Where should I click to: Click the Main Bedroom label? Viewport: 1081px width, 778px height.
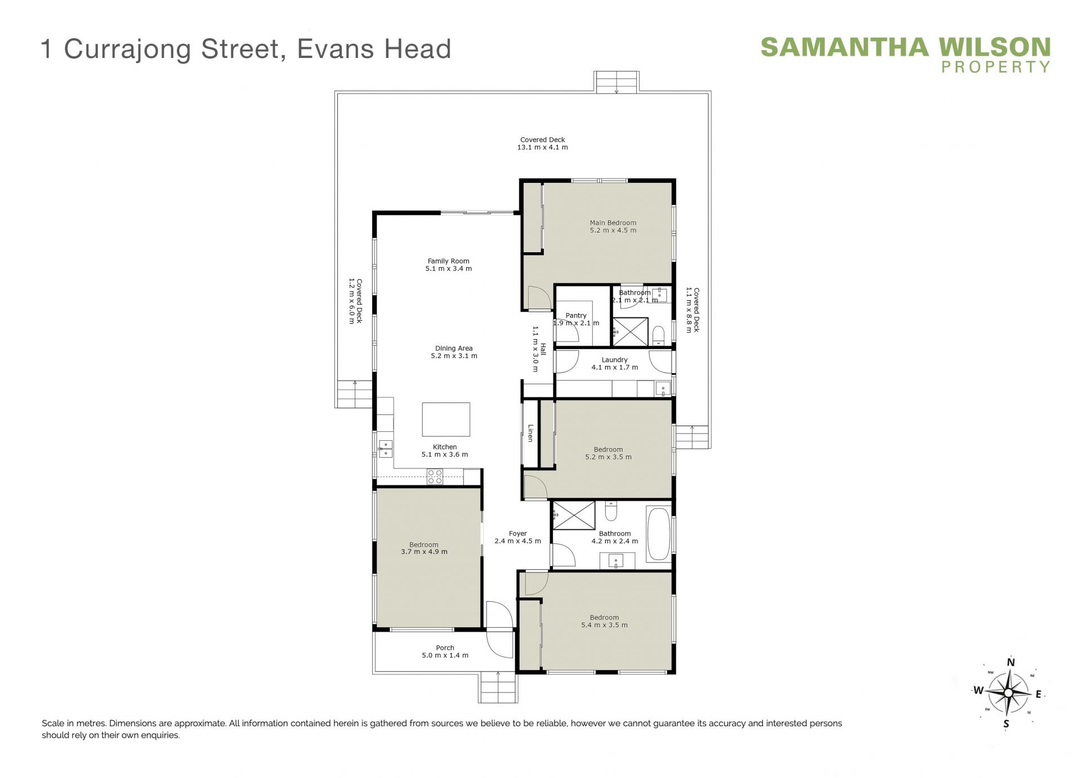[613, 223]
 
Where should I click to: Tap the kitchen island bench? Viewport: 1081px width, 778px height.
[446, 419]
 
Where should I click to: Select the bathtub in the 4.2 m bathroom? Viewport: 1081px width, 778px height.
[658, 534]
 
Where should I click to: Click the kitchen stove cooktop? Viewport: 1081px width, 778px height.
[435, 477]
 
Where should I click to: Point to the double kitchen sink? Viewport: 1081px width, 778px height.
[386, 449]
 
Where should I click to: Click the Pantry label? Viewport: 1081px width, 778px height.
[576, 316]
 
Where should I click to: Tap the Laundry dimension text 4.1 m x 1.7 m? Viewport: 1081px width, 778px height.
[615, 368]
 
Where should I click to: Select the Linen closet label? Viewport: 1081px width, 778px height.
[530, 433]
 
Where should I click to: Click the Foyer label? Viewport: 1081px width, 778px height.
[518, 534]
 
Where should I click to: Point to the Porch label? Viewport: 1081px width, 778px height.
[445, 648]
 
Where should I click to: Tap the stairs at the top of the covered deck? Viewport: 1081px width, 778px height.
[617, 82]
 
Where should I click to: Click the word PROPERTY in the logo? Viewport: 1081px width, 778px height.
[996, 67]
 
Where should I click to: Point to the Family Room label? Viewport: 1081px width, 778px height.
[448, 261]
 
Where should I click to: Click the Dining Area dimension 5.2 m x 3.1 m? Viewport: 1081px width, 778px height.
[454, 356]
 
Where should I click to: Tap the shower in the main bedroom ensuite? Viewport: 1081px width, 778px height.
[631, 332]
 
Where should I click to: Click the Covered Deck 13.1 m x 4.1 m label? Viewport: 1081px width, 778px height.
[543, 144]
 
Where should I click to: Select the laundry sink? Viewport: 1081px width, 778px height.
[663, 388]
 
